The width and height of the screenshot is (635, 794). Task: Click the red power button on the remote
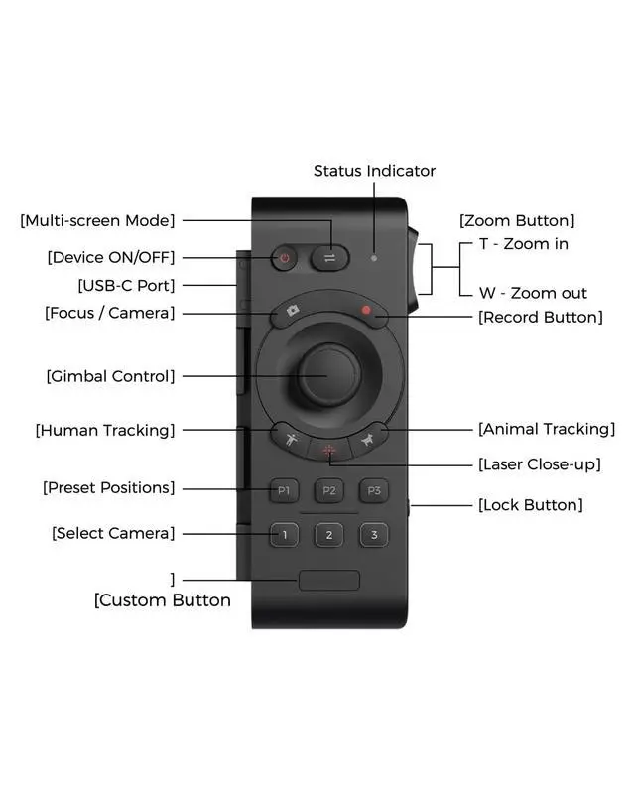[285, 258]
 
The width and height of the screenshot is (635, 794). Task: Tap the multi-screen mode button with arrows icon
[329, 258]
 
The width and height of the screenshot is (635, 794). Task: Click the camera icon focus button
[292, 311]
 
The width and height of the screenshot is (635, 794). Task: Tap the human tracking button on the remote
[289, 439]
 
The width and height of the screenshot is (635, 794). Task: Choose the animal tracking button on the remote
[367, 439]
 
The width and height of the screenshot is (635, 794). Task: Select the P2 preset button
[328, 490]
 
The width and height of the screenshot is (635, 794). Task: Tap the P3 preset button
[373, 490]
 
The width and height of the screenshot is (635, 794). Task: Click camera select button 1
[285, 535]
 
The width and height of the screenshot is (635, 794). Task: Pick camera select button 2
[328, 535]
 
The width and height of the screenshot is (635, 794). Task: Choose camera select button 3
[373, 535]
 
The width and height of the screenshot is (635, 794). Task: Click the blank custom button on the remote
[328, 580]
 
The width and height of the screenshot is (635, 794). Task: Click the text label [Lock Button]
[530, 505]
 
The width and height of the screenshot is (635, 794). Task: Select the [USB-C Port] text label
[126, 286]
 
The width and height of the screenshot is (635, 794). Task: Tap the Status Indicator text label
[374, 171]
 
